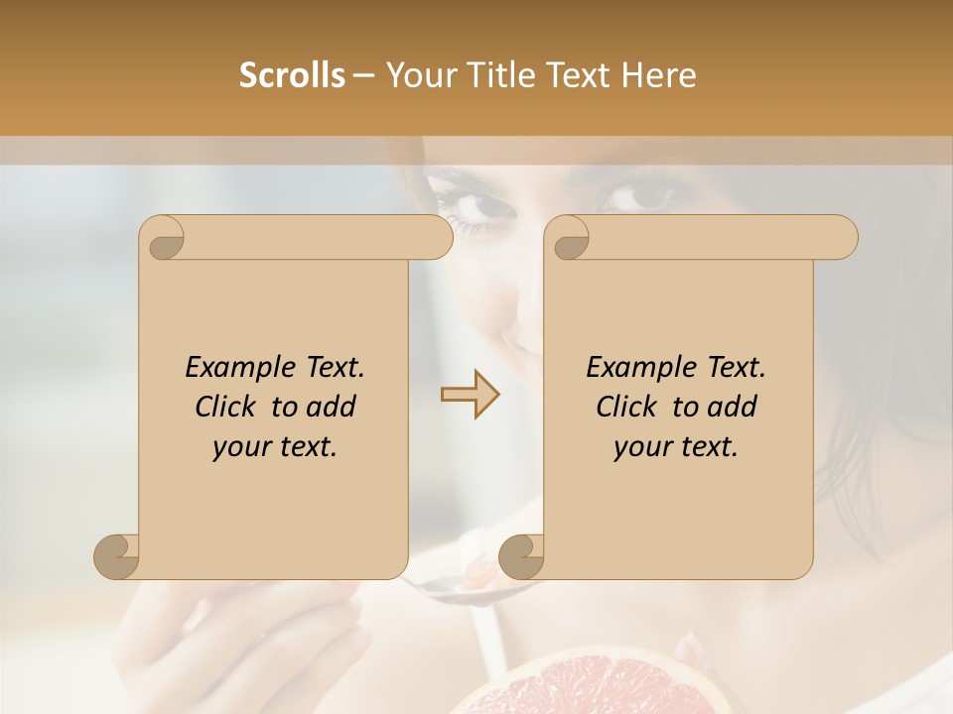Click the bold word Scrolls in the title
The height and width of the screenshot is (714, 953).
[292, 75]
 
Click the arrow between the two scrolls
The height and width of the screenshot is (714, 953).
[471, 395]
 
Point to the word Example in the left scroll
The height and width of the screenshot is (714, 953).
[234, 367]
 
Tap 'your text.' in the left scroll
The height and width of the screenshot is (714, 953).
[275, 446]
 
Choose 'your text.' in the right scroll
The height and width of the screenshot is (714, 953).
[676, 446]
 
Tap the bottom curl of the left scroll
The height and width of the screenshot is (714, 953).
[116, 555]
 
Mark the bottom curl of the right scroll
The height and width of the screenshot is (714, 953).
[521, 555]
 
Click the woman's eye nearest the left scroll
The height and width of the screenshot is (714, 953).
[479, 207]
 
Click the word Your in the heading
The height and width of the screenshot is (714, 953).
[417, 75]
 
